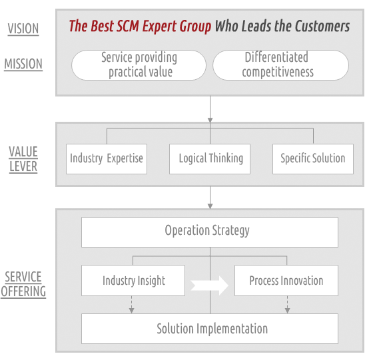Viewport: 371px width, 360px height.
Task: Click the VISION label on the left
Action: click(23, 29)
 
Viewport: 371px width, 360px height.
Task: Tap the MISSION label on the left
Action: click(23, 64)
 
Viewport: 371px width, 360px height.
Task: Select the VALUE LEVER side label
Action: click(23, 159)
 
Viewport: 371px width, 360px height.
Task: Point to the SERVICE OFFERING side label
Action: click(23, 284)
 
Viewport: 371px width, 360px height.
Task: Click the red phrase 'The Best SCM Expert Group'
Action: click(140, 26)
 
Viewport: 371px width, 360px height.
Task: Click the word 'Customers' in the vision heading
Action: click(322, 26)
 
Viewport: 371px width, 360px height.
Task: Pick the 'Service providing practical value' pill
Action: click(139, 65)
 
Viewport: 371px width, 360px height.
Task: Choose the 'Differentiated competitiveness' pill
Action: click(280, 65)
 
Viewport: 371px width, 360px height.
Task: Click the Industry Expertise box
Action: click(107, 159)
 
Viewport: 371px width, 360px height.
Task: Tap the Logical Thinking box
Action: click(210, 159)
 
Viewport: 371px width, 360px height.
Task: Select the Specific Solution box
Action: click(313, 159)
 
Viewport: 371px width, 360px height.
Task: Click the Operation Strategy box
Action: click(210, 232)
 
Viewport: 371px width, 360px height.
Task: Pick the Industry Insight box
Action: click(133, 280)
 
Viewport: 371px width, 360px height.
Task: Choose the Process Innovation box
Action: click(286, 280)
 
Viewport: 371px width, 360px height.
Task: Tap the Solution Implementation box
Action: click(210, 329)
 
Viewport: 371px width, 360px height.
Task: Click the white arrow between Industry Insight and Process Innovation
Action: click(210, 285)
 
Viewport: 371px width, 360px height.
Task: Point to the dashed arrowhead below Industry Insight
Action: click(132, 311)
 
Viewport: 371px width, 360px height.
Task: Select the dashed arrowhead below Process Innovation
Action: click(288, 311)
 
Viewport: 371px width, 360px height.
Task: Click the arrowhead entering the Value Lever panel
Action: click(210, 120)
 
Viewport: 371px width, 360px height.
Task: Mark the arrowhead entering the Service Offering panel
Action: click(210, 206)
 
